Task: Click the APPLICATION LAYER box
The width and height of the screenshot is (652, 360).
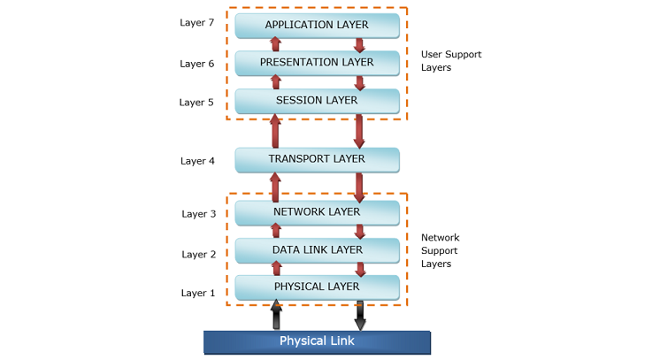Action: (x=317, y=25)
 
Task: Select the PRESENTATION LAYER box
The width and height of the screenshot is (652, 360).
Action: (x=317, y=63)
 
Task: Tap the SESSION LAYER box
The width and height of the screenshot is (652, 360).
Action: (x=317, y=101)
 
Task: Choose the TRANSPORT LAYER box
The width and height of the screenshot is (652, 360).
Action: (x=317, y=160)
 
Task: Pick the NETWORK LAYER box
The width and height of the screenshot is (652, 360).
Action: (x=317, y=212)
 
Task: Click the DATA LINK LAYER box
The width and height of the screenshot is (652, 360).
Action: (x=317, y=250)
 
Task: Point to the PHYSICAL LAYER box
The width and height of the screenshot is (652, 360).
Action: (x=317, y=287)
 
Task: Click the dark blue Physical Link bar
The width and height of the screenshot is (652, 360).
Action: (x=317, y=341)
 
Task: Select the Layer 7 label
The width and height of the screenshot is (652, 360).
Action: (x=196, y=22)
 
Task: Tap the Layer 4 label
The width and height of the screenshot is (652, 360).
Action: (x=197, y=161)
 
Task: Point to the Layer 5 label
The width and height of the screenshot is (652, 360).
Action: (x=196, y=103)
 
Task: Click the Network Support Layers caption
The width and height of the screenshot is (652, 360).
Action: (x=440, y=250)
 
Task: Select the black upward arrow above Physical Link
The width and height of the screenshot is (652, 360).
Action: (x=276, y=315)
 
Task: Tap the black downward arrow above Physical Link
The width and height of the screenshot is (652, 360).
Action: (x=359, y=315)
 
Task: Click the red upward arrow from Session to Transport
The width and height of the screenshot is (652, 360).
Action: (x=275, y=131)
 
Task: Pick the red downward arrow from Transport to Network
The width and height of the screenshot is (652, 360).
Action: (x=359, y=188)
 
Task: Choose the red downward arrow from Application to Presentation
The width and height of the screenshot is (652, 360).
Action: (x=359, y=44)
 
